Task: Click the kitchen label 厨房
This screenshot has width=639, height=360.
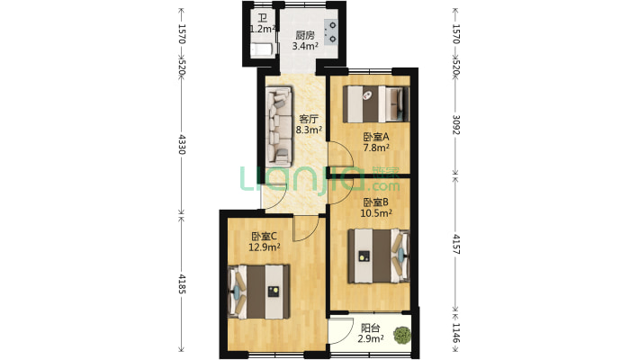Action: click(305, 35)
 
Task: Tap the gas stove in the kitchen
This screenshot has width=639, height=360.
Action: click(332, 31)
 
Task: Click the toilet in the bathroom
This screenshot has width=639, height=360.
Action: click(261, 49)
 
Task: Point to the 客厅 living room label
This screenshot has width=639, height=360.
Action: click(309, 120)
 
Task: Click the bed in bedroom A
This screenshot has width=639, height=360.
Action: click(375, 104)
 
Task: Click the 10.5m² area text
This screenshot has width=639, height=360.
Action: click(376, 212)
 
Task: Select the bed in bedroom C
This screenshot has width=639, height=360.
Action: click(259, 292)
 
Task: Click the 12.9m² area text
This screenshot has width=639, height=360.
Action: click(264, 247)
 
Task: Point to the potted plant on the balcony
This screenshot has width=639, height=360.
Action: click(402, 335)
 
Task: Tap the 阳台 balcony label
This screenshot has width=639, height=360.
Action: click(371, 328)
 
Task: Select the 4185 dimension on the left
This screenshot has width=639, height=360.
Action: click(182, 284)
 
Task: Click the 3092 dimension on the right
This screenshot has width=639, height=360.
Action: click(456, 125)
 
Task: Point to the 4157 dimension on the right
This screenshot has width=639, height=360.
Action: click(456, 244)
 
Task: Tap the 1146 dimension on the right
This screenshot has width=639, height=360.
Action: click(456, 334)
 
